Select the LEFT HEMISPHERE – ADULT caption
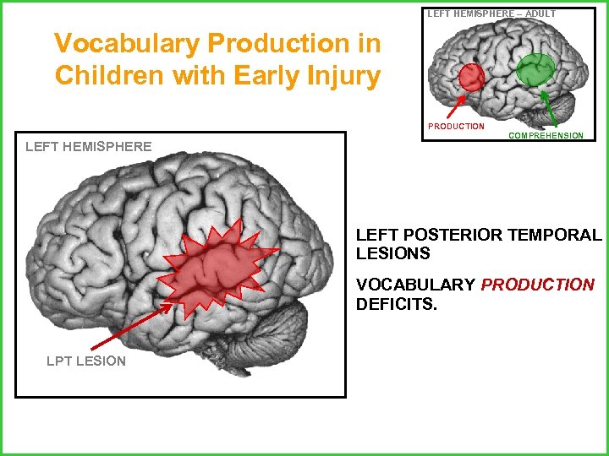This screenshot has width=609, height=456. [491, 14]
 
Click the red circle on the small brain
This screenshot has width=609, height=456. [471, 78]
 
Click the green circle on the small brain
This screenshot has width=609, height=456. [536, 69]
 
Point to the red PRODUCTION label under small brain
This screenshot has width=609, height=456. [456, 127]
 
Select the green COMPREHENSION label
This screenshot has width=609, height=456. [546, 135]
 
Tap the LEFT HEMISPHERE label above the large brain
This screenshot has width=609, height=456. [89, 147]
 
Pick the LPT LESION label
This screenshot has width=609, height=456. [85, 361]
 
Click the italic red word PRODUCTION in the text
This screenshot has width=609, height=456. [537, 285]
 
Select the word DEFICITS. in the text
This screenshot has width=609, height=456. [397, 304]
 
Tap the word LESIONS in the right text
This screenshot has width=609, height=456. [393, 253]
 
